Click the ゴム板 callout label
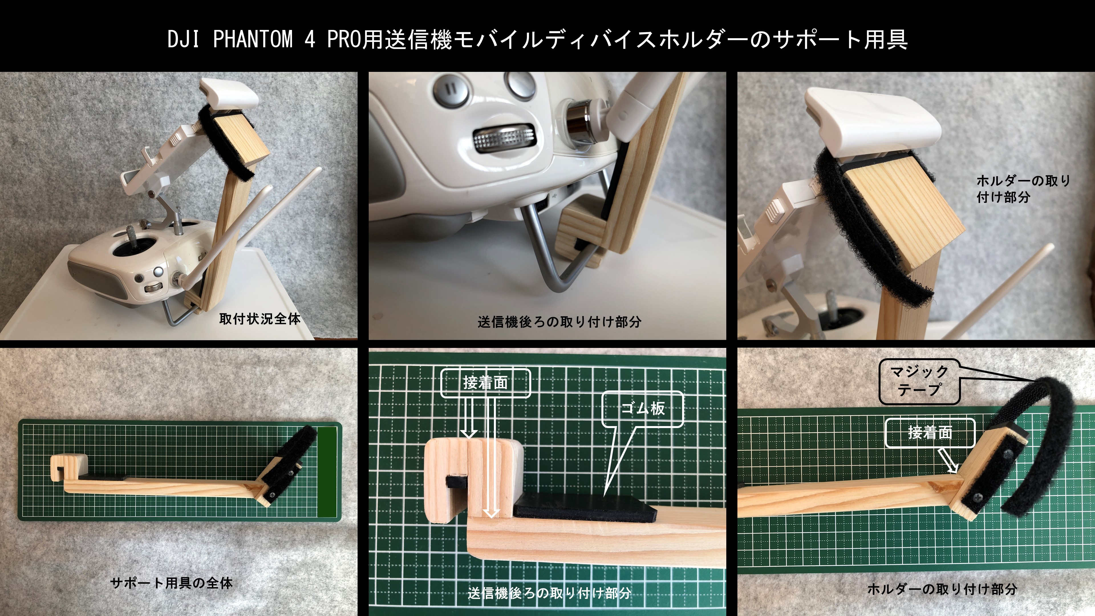coord(643,409)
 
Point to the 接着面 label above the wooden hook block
coord(485,383)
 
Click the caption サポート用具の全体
coord(171,583)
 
